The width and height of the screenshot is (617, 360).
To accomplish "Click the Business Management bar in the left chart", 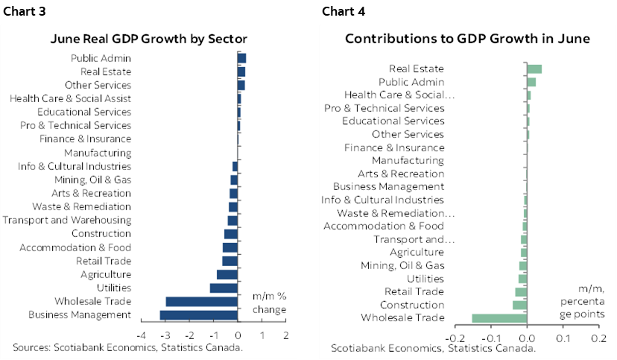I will click(x=199, y=315).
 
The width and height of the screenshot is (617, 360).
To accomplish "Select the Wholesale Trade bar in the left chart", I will click(x=202, y=302).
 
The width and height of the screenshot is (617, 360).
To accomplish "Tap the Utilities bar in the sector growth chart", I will click(x=224, y=288).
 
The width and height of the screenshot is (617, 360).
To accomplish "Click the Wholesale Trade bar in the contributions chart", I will click(x=499, y=318).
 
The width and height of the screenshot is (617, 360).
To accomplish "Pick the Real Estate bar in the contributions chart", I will click(x=534, y=69).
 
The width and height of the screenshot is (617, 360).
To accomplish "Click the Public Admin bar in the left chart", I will click(x=242, y=58).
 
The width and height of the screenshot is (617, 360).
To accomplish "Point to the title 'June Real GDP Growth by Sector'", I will click(x=149, y=39).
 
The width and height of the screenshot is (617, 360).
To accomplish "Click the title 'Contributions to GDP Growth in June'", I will click(x=467, y=39).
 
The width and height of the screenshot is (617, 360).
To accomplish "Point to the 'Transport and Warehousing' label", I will click(x=67, y=221).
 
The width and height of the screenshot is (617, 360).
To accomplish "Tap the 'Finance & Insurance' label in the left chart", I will click(x=85, y=139).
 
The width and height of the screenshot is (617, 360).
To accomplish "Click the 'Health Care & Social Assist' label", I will click(x=71, y=98).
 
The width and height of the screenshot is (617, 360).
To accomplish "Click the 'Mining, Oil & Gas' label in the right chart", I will click(x=402, y=265).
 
